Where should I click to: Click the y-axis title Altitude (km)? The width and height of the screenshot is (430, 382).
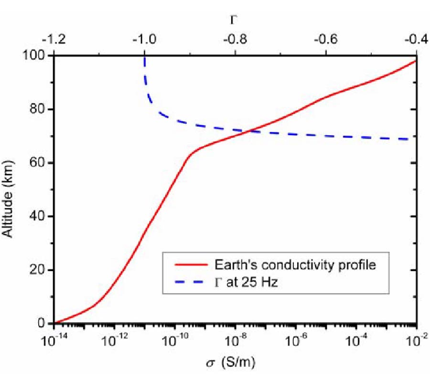(10, 189)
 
